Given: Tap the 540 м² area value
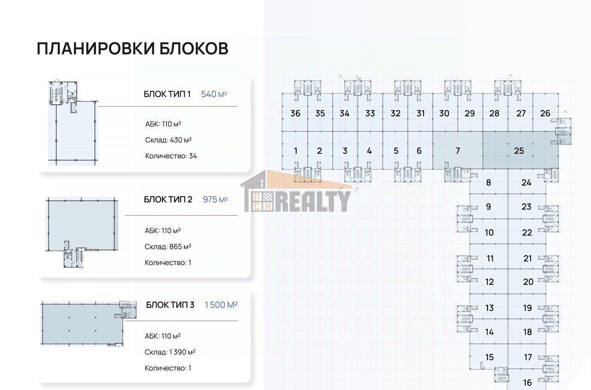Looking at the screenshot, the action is click(x=214, y=94).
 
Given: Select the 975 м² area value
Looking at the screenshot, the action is click(x=215, y=199).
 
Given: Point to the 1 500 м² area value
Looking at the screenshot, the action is click(x=221, y=305).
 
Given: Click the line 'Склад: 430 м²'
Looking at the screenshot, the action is click(x=169, y=140).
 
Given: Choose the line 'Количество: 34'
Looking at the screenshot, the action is click(x=171, y=156).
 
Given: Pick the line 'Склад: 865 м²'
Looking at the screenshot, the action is click(x=168, y=247).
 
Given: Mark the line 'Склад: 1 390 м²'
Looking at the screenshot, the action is click(x=170, y=352).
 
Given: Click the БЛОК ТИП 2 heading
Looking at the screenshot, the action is click(x=168, y=199).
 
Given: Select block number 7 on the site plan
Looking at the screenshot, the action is click(x=458, y=151).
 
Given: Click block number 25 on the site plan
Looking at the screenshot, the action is click(x=519, y=151).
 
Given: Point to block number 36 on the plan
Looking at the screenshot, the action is click(x=295, y=114).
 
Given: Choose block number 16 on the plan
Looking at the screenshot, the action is click(x=527, y=383).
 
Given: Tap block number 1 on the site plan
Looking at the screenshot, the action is click(x=295, y=151).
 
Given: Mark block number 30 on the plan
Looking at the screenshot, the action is click(x=444, y=114).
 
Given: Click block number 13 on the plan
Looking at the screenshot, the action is click(x=489, y=308).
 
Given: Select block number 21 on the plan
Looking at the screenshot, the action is click(x=528, y=258).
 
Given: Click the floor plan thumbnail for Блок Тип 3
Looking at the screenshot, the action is click(x=89, y=323).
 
